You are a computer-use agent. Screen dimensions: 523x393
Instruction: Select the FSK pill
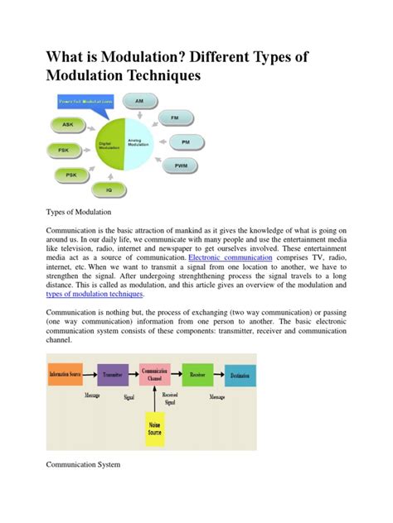coord(64,151)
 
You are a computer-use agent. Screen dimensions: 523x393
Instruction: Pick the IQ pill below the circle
coord(109,190)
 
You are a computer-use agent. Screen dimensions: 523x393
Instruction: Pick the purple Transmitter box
coord(114,374)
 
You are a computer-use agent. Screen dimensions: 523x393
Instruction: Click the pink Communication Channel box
coord(155,374)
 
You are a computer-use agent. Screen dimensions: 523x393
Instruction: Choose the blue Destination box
coord(240,374)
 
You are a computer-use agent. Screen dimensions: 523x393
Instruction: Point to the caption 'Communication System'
coord(83,465)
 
